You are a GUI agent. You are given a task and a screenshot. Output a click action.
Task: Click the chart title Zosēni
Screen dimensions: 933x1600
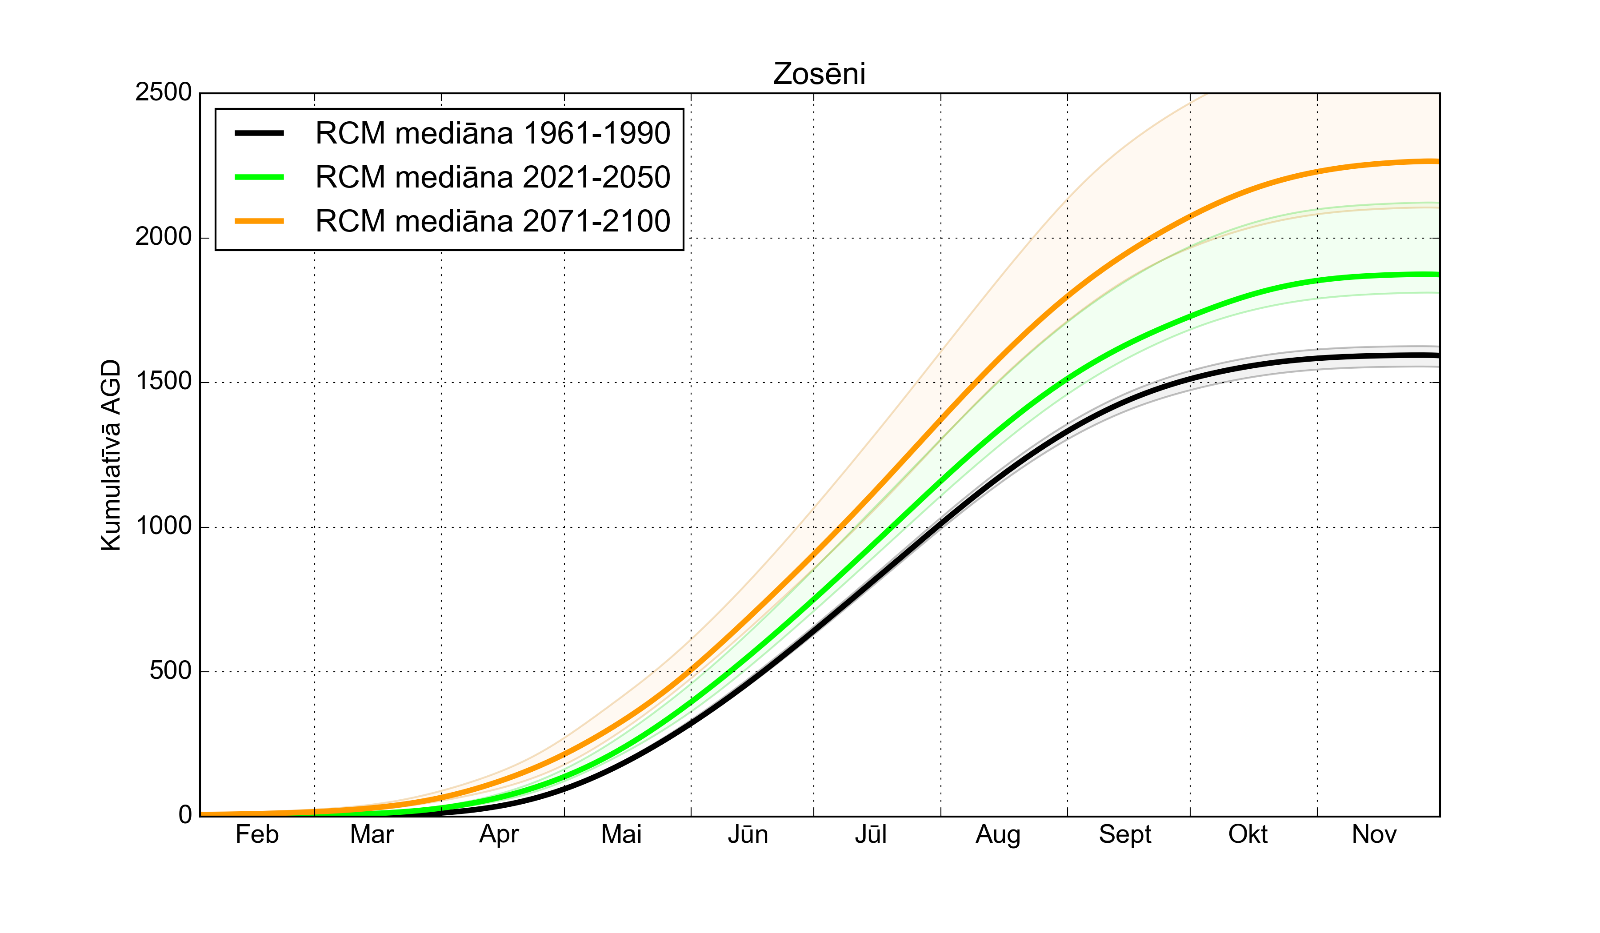pos(819,74)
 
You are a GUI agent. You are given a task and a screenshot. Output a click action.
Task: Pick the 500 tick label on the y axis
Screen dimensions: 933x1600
pos(170,671)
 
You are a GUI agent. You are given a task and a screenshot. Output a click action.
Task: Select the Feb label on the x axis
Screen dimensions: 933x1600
pos(257,835)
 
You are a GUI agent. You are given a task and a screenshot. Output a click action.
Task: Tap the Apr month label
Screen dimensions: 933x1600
pos(499,835)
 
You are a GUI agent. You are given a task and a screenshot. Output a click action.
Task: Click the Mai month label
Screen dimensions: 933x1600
pos(622,835)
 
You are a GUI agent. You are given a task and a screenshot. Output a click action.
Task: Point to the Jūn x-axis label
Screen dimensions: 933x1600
pos(748,835)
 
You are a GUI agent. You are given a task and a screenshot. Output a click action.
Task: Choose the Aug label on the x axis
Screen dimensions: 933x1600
pos(998,835)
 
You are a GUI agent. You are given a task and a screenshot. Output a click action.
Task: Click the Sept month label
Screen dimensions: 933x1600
pos(1125,835)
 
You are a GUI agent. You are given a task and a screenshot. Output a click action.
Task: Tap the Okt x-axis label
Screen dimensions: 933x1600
pos(1248,835)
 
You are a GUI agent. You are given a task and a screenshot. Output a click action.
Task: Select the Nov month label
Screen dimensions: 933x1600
pos(1374,835)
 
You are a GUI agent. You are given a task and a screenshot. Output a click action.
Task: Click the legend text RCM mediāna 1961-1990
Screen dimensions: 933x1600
pos(493,133)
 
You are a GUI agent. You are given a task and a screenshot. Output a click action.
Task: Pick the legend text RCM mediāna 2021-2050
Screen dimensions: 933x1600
pos(493,177)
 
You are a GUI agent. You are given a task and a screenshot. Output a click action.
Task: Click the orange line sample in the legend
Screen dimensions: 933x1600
pos(259,221)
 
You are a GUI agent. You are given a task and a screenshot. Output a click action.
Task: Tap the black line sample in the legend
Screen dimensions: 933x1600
pos(259,133)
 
